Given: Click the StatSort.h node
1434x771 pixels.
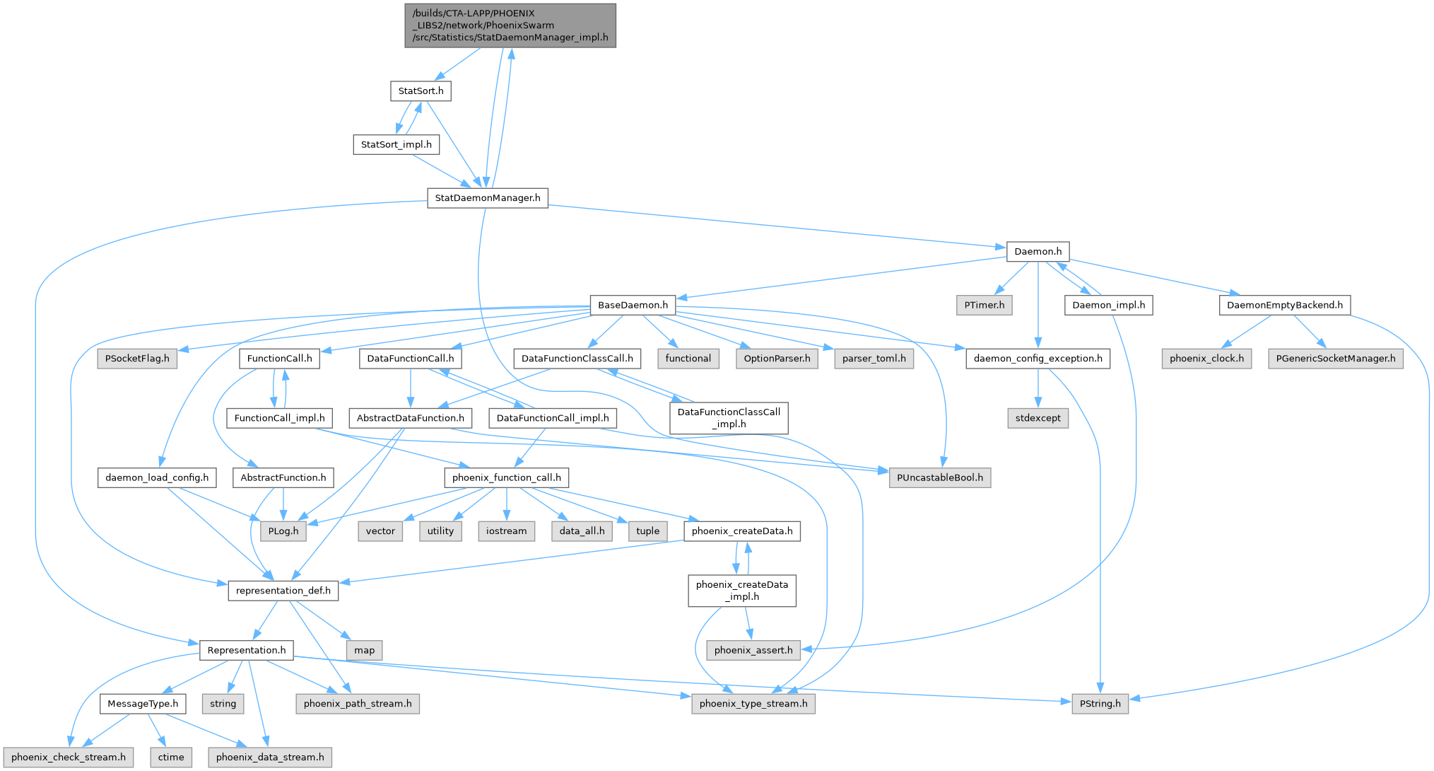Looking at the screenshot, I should [421, 91].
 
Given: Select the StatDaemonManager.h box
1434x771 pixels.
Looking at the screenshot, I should [487, 198].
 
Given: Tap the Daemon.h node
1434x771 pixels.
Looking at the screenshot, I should [1038, 251].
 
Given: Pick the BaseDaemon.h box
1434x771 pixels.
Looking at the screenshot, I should [633, 305].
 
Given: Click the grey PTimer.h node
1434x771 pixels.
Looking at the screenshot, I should [984, 305].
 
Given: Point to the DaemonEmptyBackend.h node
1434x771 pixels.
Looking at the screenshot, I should [1284, 305].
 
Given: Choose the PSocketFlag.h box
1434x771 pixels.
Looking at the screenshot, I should [137, 359].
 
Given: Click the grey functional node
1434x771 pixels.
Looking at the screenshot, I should [688, 359].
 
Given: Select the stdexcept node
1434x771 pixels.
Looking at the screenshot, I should [1038, 418].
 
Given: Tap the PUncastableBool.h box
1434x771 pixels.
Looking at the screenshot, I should [939, 477].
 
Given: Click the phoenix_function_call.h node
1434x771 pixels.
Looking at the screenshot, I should [506, 477].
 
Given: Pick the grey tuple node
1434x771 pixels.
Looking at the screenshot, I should [647, 531].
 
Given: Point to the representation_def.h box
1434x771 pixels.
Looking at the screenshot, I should [283, 591].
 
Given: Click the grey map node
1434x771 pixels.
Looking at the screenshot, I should [364, 650].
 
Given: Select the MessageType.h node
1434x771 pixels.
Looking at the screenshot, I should [143, 704].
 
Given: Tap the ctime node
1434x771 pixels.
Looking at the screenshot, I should [171, 758].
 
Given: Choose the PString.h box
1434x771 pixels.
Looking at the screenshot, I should [1100, 704].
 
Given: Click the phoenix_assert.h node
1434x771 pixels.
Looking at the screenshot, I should [753, 650].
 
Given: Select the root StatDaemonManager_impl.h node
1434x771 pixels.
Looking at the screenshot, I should [510, 25].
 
